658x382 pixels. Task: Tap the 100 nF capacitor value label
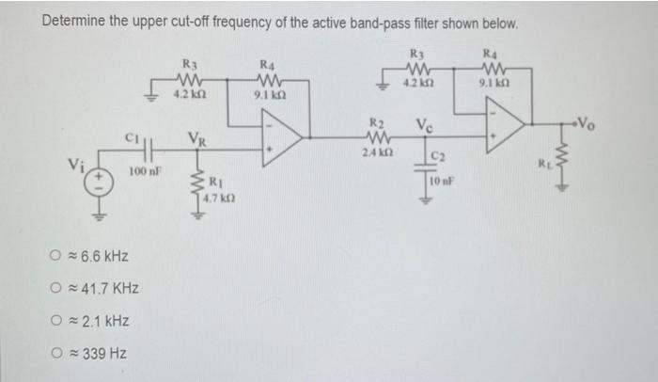[144, 172]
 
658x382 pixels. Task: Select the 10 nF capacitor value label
[444, 180]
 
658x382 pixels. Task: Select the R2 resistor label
[376, 122]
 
